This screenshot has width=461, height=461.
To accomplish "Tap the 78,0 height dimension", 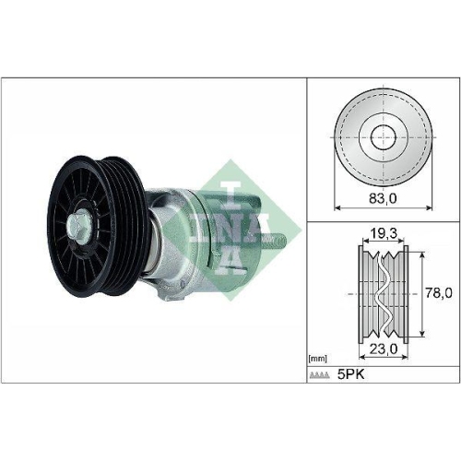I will pos(439,293).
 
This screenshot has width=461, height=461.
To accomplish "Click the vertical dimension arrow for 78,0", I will pos(423,293).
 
